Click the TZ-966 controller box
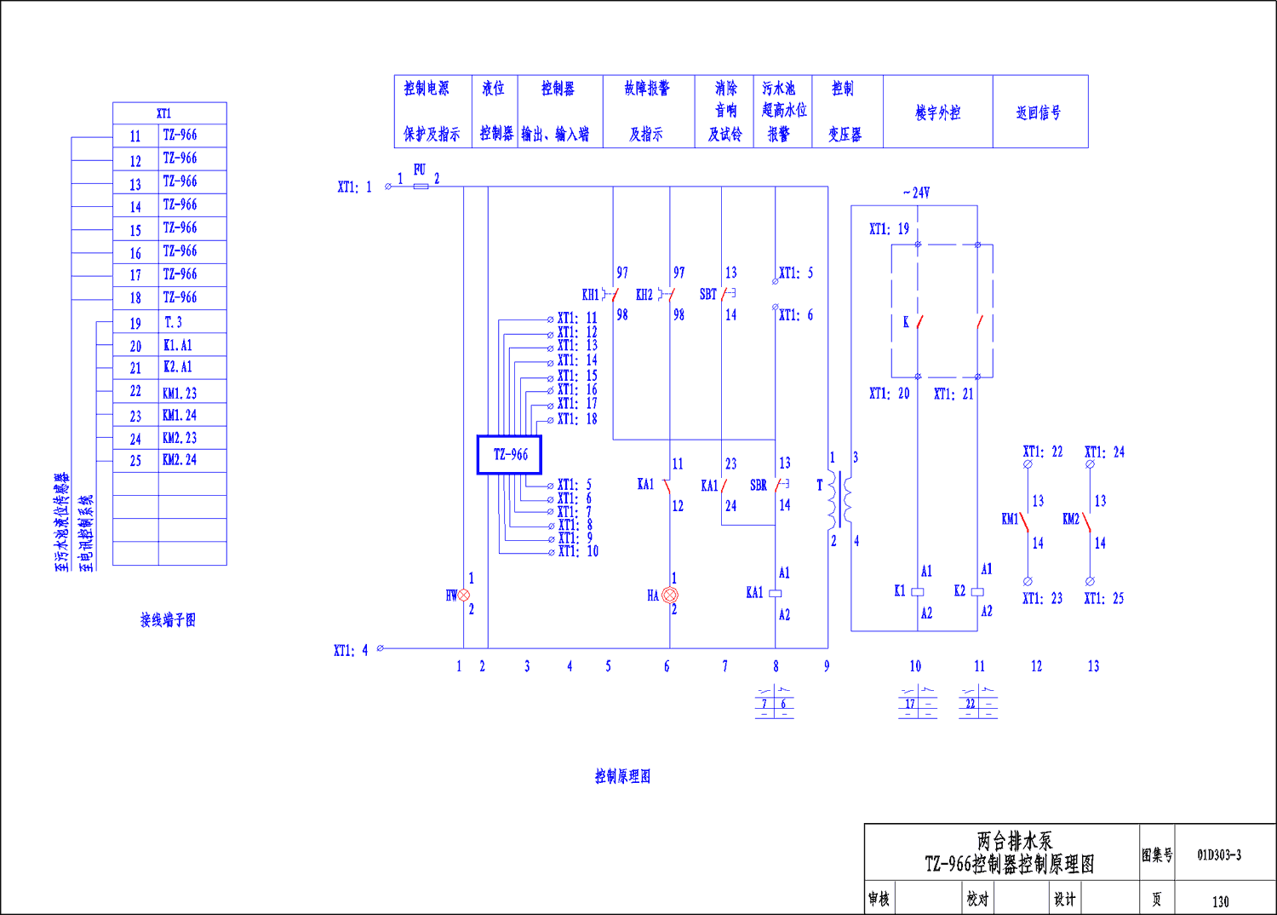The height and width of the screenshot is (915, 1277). pos(509,455)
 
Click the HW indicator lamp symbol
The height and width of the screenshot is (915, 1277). pos(464,596)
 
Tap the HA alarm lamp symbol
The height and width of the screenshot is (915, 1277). pos(670,596)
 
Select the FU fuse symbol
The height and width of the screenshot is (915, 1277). pos(421,186)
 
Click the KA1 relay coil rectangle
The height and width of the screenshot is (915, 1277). pos(776,593)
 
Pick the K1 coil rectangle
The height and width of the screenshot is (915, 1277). pos(918,591)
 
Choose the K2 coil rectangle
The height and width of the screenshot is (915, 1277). pos(977,591)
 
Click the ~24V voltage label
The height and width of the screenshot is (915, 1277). pos(917,193)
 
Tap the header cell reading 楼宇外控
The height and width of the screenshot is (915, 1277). pos(937,112)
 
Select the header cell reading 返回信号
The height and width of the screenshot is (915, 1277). pos(1039,112)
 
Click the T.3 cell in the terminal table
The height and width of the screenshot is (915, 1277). pos(173,322)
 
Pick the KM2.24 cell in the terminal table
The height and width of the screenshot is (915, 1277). pos(180,460)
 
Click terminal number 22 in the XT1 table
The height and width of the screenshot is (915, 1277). pos(135,392)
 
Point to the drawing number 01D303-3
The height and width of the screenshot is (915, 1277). pos(1219,855)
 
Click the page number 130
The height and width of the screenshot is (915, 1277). pos(1221,901)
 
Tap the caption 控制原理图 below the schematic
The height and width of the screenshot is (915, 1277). pos(622,776)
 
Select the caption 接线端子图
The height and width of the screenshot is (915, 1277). pos(168,620)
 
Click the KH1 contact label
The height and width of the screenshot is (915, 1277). pos(590,295)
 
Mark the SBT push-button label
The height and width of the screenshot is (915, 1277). pos(707,295)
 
